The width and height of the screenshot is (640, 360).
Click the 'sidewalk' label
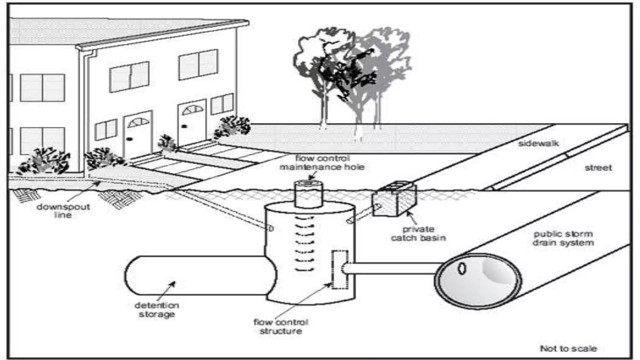[538, 143]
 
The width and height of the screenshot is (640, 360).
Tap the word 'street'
[598, 168]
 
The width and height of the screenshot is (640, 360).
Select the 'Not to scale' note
[568, 348]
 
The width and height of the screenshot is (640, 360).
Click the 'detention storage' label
[157, 310]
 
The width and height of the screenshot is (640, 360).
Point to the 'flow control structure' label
[281, 327]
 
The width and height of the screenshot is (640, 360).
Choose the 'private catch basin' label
[418, 233]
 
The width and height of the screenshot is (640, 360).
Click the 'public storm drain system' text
[563, 238]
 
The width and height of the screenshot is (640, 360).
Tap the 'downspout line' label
[63, 211]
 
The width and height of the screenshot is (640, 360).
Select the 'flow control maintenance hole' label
[322, 162]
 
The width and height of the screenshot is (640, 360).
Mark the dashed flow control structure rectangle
[339, 269]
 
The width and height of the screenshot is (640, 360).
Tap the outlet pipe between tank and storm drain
[391, 268]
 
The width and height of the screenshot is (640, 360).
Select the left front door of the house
[138, 134]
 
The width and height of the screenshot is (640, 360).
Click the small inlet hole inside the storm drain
[462, 268]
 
